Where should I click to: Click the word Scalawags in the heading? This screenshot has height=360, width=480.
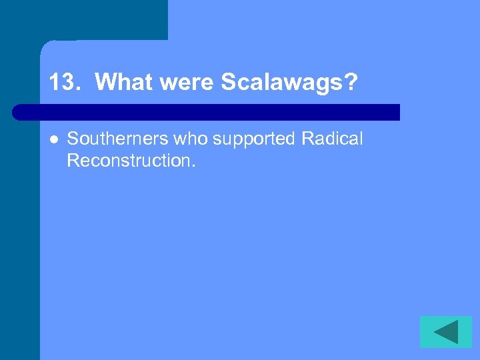tap(283, 83)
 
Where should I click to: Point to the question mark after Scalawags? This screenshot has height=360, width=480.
tap(351, 83)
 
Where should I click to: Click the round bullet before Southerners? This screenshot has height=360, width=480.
tap(53, 139)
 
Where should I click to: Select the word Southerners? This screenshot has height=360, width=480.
tap(119, 139)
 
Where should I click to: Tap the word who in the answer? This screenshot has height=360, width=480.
tap(192, 139)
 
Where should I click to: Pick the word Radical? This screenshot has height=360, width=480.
tap(333, 139)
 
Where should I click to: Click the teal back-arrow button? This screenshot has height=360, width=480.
tap(445, 331)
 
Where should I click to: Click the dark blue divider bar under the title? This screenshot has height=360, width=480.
tap(207, 112)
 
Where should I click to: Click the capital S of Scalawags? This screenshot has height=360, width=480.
tap(227, 83)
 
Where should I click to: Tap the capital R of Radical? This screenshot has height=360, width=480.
tap(307, 139)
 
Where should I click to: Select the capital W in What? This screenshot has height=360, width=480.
tap(105, 83)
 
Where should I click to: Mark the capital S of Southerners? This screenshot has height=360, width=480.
tap(73, 139)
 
